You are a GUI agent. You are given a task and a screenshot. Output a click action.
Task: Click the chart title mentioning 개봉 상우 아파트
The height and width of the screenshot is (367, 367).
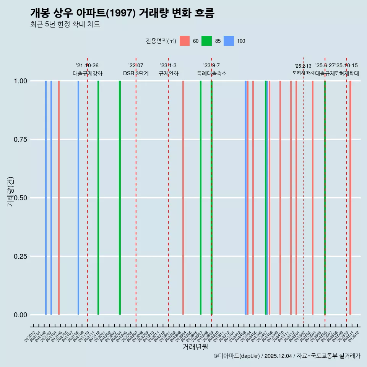click(122, 13)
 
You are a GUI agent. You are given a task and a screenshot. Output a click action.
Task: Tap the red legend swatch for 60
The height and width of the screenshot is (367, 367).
click(185, 41)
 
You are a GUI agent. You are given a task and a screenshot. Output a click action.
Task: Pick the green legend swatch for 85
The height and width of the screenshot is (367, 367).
click(206, 41)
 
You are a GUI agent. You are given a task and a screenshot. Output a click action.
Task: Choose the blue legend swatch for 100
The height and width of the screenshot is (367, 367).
click(229, 41)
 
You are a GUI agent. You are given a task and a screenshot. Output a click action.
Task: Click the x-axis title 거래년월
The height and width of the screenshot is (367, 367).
click(195, 347)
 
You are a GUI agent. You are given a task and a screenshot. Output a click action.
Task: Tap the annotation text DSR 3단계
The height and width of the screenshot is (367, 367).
click(136, 73)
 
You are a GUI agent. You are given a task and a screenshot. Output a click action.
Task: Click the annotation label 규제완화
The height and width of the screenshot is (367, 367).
click(168, 73)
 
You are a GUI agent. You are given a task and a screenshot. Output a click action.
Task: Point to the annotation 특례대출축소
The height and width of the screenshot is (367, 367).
click(211, 73)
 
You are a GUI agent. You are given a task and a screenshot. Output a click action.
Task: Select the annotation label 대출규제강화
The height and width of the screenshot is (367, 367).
click(88, 73)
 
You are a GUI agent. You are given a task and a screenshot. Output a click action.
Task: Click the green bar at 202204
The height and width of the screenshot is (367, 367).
click(120, 198)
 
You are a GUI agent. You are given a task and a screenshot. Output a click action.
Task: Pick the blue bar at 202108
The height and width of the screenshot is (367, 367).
click(78, 198)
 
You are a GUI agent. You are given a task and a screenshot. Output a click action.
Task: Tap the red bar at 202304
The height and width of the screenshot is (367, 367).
click(183, 198)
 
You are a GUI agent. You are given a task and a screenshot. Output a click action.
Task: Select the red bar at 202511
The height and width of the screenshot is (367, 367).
click(350, 198)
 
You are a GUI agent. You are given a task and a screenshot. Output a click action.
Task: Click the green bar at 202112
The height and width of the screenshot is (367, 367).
click(98, 198)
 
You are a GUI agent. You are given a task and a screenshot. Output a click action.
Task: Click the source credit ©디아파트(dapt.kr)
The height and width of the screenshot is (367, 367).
click(237, 356)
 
